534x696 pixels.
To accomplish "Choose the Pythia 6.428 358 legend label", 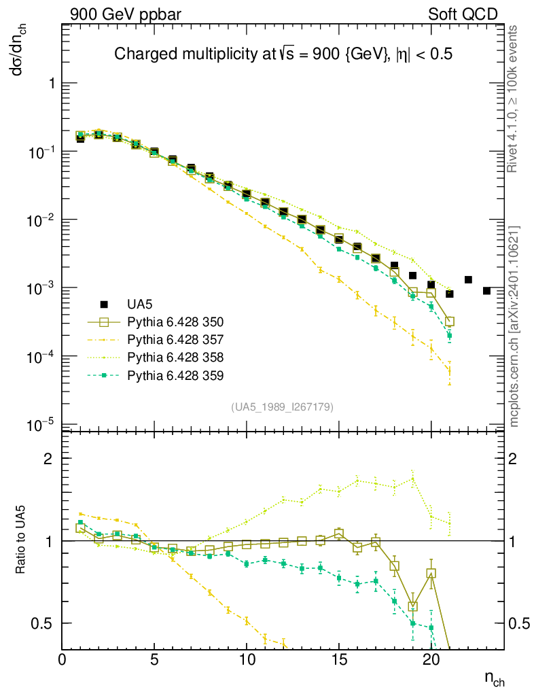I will pos(175,357).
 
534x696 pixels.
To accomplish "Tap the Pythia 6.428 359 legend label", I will pos(175,375).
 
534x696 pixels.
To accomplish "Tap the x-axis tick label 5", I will pos(154,659).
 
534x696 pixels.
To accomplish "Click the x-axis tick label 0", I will pos(63,659).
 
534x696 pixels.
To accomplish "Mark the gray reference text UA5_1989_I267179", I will pos(283,407).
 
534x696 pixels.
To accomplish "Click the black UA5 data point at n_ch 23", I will pos(486,291).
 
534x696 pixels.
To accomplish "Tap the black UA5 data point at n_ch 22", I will pos(468,279).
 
